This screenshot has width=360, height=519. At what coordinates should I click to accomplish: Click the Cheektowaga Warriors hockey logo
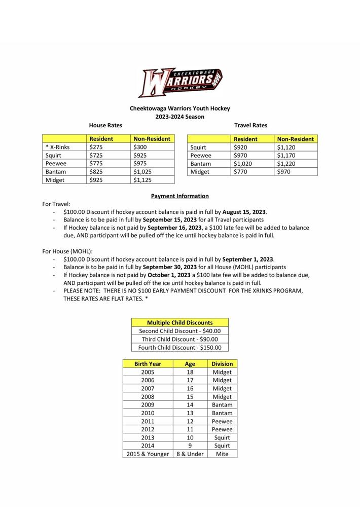(180, 82)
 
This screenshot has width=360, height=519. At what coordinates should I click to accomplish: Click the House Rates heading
(105, 125)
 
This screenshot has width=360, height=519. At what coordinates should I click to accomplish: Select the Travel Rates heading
(250, 125)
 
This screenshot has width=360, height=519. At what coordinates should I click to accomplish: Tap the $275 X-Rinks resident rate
(96, 147)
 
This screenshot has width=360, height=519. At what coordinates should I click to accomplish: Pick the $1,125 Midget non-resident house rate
(142, 180)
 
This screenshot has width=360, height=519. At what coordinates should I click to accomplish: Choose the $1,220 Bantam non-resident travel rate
(286, 164)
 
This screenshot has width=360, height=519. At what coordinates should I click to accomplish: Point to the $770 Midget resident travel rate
(240, 172)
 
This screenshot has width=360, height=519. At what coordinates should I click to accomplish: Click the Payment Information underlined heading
(179, 196)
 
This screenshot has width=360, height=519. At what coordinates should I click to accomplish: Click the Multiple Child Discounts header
(179, 322)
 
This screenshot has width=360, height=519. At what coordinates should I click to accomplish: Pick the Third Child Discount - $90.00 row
(179, 339)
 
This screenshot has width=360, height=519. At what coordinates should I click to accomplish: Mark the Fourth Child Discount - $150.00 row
(179, 347)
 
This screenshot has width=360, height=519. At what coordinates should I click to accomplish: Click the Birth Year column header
(148, 364)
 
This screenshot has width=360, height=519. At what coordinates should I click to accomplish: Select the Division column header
(222, 364)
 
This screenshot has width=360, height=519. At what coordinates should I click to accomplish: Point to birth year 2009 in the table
(148, 405)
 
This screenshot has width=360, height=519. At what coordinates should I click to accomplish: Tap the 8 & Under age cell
(190, 454)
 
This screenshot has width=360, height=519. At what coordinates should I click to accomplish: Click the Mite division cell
(222, 454)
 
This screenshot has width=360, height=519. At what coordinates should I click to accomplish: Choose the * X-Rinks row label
(58, 147)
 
